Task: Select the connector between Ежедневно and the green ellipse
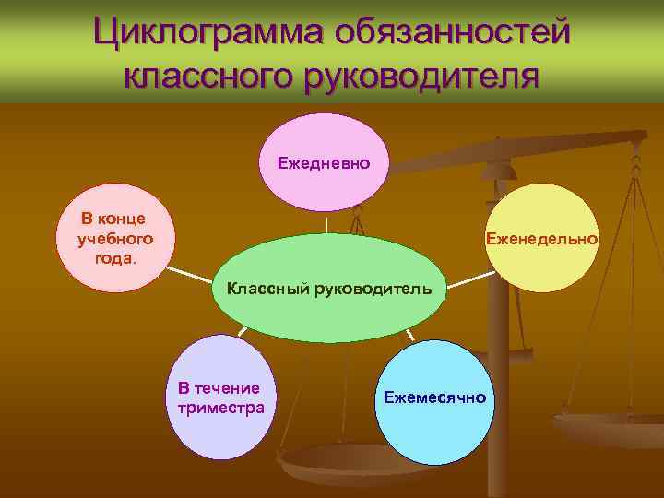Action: point(326,224)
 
